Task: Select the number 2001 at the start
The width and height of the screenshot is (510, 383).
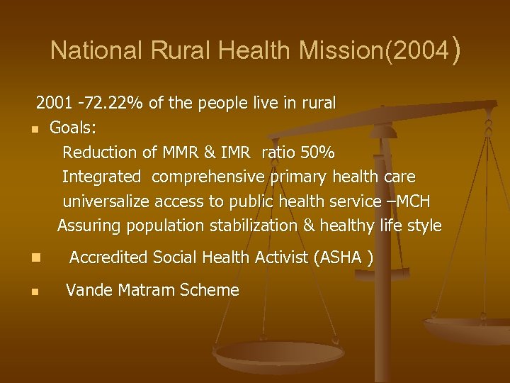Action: coord(55,104)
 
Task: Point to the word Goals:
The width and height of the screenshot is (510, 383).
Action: coord(73,128)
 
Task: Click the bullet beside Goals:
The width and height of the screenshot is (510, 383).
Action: coord(33,130)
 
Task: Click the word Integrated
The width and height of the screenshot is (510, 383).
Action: coord(101,177)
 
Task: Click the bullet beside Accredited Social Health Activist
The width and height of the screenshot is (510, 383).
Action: coord(33,258)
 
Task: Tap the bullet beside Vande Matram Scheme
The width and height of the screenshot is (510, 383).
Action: coord(33,291)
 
